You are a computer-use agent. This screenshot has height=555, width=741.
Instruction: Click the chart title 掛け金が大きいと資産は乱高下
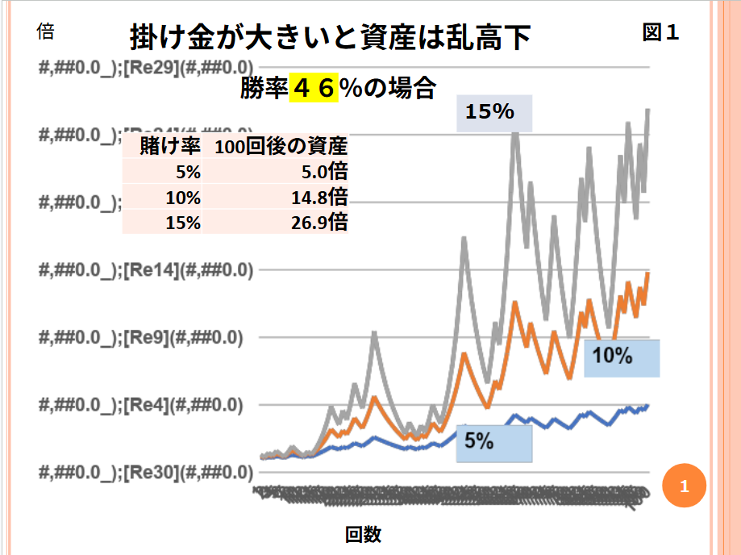pyautogui.click(x=331, y=37)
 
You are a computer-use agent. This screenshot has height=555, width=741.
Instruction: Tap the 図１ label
pyautogui.click(x=660, y=32)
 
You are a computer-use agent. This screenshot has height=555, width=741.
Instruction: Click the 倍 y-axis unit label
pyautogui.click(x=46, y=32)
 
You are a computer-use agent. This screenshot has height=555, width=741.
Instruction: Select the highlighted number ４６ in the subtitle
pyautogui.click(x=313, y=88)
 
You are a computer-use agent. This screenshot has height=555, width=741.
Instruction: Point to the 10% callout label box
pyautogui.click(x=622, y=358)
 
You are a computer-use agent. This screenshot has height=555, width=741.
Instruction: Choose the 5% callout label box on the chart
pyautogui.click(x=494, y=444)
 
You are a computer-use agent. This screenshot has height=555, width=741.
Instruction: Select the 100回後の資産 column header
pyautogui.click(x=281, y=147)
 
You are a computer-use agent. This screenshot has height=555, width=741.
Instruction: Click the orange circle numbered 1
pyautogui.click(x=684, y=486)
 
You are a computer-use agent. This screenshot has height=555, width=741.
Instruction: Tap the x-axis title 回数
pyautogui.click(x=363, y=534)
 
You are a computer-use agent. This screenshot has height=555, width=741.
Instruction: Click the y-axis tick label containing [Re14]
pyautogui.click(x=145, y=271)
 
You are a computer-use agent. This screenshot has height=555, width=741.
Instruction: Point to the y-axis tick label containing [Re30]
pyautogui.click(x=145, y=472)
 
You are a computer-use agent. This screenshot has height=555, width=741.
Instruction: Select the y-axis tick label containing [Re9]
pyautogui.click(x=141, y=338)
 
